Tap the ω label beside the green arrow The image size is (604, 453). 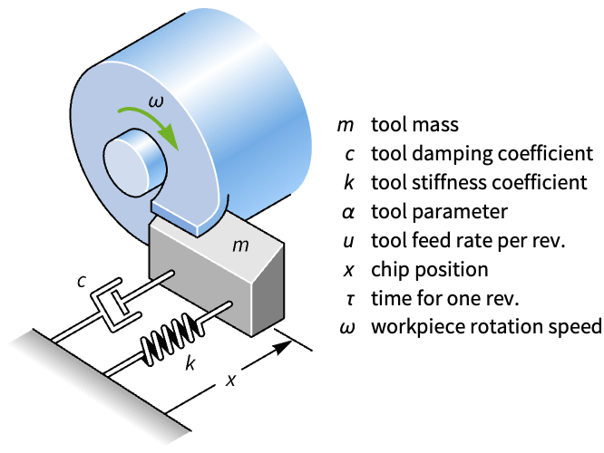click(x=156, y=102)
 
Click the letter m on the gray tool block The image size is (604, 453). click(x=239, y=245)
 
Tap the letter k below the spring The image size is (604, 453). click(x=190, y=364)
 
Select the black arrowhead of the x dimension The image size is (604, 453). click(x=289, y=342)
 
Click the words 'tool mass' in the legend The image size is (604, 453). click(x=414, y=124)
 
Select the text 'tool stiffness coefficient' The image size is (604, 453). click(x=479, y=182)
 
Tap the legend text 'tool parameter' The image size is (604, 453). click(x=439, y=211)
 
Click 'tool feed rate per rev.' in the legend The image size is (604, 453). click(x=468, y=240)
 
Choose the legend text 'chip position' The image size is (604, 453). click(x=429, y=269)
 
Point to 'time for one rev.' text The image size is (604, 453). click(x=441, y=298)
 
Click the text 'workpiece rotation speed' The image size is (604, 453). click(x=486, y=327)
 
